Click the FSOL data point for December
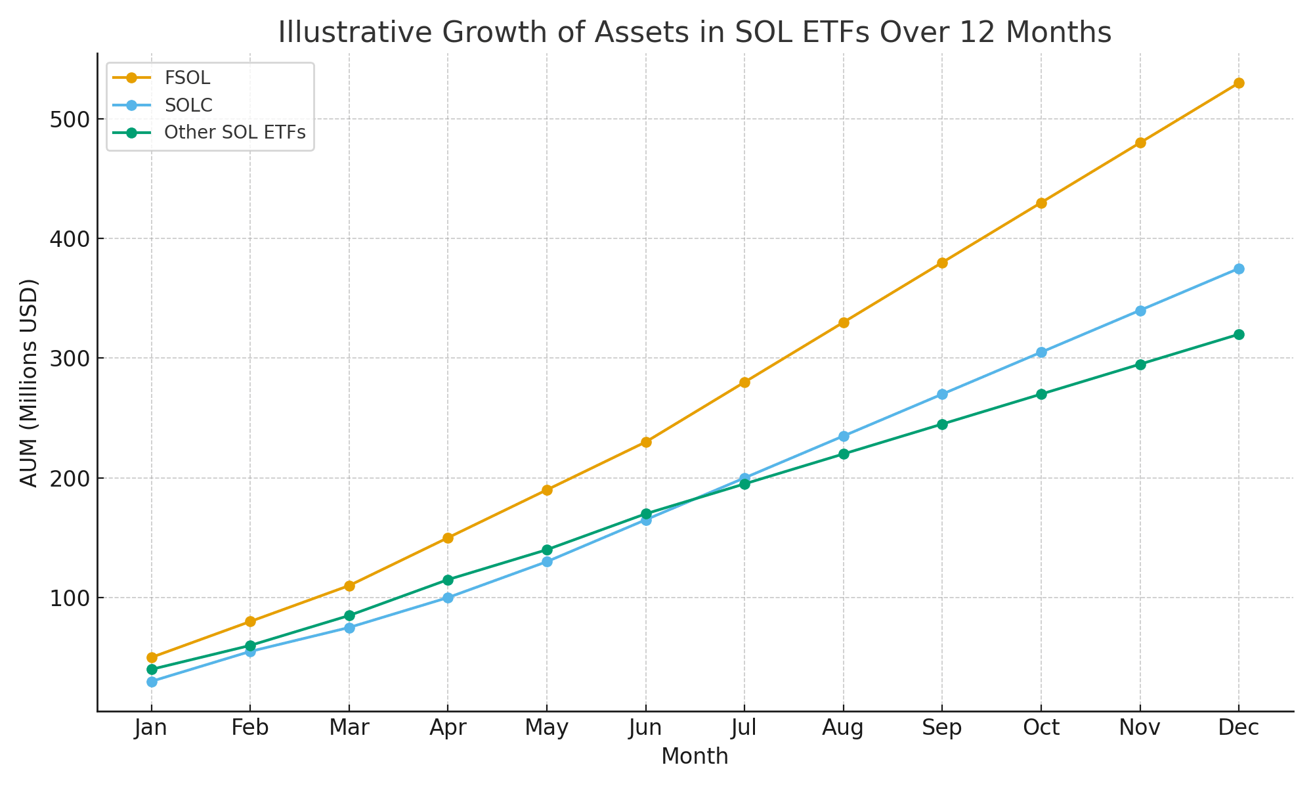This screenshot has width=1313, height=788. point(1239,83)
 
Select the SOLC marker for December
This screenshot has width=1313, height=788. point(1239,269)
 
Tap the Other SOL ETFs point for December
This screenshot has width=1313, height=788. point(1239,335)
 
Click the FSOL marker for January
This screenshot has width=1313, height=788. point(152,657)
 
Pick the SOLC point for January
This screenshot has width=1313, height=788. point(152,682)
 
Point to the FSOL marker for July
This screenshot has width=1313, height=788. point(744,382)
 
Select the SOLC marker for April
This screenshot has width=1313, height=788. point(448,598)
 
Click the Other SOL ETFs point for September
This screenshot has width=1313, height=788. point(942,424)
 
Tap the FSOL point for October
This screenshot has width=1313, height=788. point(1041,203)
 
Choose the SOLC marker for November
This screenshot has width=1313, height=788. point(1140,311)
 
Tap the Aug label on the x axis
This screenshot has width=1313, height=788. point(843,728)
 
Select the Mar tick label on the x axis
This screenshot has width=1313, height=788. point(349,728)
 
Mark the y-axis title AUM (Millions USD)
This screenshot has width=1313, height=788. point(29,383)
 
